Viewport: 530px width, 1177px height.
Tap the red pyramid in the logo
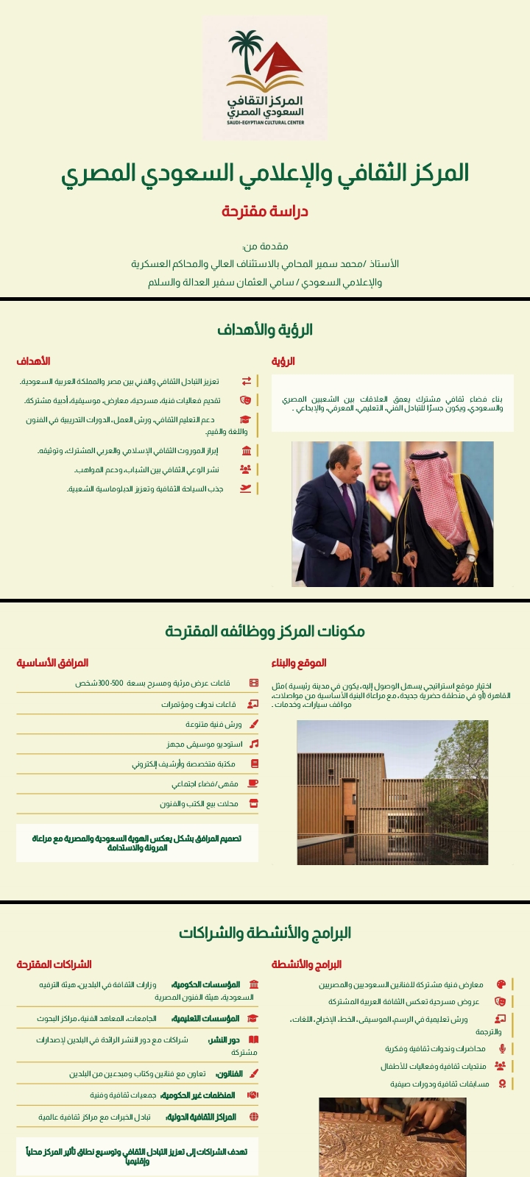tap(283, 63)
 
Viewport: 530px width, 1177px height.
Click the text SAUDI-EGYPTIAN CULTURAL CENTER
tap(265, 122)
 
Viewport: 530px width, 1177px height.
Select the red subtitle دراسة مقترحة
tap(265, 211)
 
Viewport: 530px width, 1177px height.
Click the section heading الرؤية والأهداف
tap(265, 330)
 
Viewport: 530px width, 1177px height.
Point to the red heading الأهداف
tap(34, 361)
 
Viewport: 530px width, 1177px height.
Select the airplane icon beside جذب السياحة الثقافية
tap(247, 488)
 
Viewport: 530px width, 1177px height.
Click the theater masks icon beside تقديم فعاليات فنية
tap(247, 400)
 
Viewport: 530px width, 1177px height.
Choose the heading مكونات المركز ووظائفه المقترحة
tap(265, 631)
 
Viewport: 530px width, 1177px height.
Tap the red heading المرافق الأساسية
tap(52, 663)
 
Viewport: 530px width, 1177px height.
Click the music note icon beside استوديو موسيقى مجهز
tap(254, 744)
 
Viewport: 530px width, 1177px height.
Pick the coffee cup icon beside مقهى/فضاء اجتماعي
tap(254, 783)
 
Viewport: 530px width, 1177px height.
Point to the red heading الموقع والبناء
tap(299, 663)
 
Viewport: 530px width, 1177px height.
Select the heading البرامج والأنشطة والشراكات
tap(265, 933)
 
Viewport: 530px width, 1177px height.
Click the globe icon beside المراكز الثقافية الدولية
tap(254, 1117)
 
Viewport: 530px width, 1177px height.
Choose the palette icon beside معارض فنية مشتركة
tap(501, 984)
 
